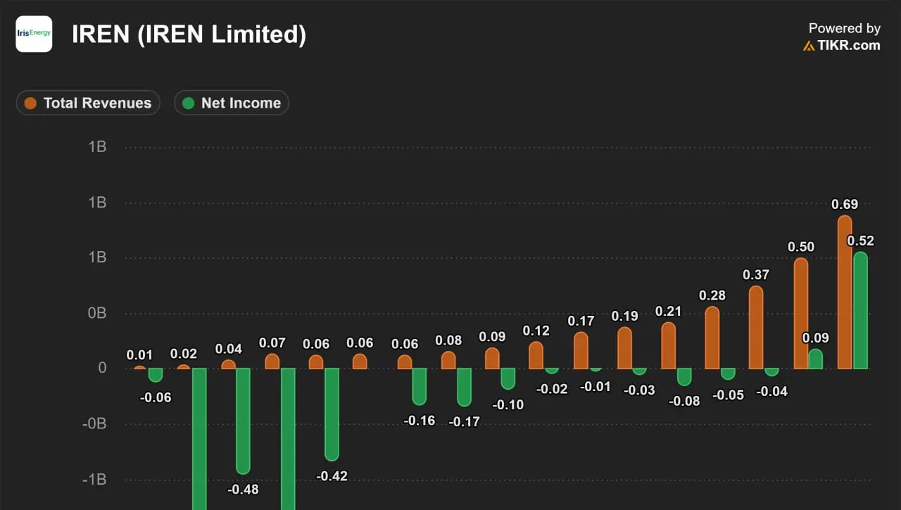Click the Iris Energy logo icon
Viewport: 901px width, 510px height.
coord(34,34)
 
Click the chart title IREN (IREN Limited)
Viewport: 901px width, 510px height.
coord(189,34)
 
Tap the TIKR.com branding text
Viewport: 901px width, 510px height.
coord(848,46)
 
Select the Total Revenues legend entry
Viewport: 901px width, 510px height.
coord(88,103)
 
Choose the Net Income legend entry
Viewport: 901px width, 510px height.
coord(232,103)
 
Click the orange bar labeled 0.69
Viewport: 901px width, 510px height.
coord(845,292)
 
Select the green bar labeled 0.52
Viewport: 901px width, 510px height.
coord(860,310)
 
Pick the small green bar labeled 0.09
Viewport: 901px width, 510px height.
coord(816,359)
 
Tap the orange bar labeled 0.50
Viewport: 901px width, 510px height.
coord(801,314)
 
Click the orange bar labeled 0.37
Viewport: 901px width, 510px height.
coord(756,327)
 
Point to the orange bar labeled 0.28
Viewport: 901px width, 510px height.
coord(712,338)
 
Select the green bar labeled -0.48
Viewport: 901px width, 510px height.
coord(243,421)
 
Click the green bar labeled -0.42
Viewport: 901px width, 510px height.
coord(332,414)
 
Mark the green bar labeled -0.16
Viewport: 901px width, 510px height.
coord(419,386)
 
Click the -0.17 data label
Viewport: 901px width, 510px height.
coord(464,421)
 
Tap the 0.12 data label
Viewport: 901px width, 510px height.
coord(536,331)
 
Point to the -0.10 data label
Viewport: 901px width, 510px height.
coord(508,404)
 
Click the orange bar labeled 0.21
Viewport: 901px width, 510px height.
coord(669,345)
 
